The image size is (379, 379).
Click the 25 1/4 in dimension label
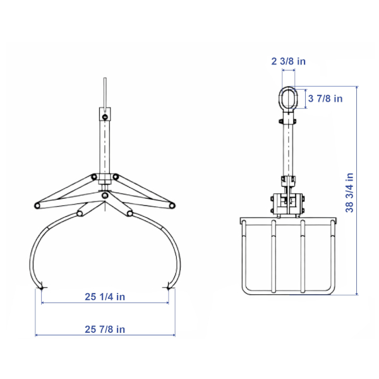105,297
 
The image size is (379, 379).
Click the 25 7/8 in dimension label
105,329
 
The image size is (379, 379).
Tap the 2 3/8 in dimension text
289,61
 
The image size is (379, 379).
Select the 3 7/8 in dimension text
325,99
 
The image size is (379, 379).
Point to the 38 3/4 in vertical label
349,193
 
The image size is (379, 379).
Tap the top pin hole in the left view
105,117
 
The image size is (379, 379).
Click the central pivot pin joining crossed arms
105,195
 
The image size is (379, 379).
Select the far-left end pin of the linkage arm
37,206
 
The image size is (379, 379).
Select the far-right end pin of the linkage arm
172,206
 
